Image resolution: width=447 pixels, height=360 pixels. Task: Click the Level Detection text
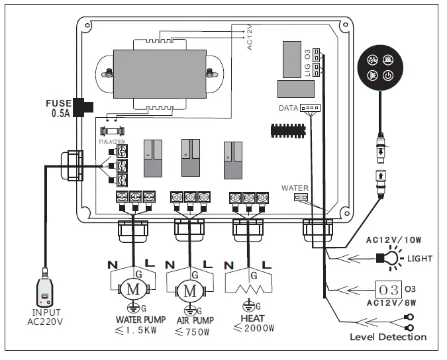(x=387, y=337)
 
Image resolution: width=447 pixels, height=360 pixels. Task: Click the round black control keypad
(x=381, y=67)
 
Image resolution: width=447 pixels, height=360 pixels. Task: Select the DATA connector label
(x=289, y=107)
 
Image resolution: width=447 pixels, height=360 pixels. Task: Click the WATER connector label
(x=295, y=187)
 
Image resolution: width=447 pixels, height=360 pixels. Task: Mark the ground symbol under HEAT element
(x=250, y=306)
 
